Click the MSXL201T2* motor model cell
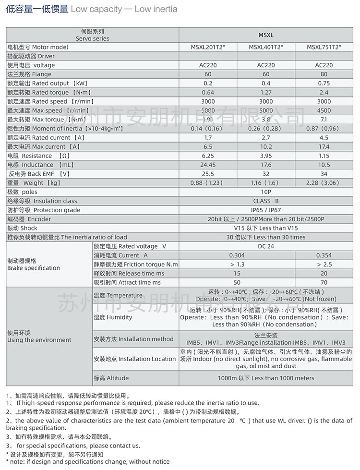coord(208,47)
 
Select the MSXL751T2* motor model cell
coord(324,47)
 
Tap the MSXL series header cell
coord(266,35)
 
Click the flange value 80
coord(324,74)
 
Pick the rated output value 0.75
coord(324,84)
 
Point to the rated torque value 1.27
coord(266,93)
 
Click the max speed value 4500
coord(324,110)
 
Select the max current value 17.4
coord(324,147)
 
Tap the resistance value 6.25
coord(208,156)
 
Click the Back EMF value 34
coord(324,174)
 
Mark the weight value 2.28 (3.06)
coord(324,183)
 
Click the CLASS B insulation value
coord(266,201)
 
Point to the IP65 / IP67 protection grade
coord(266,210)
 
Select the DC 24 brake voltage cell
coord(266,246)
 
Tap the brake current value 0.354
coord(324,255)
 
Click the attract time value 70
coord(324,283)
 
